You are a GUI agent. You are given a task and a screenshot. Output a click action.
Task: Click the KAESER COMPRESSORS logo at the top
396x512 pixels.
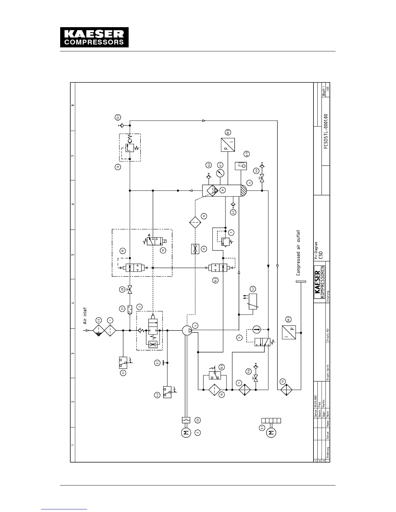(94, 37)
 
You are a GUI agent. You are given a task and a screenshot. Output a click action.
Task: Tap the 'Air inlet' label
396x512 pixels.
(85, 316)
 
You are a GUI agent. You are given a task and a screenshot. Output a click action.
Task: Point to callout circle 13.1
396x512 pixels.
(118, 117)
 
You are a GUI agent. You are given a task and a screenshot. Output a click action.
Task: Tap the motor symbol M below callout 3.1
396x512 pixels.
(271, 432)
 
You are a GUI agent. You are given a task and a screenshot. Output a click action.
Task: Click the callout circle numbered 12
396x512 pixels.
(118, 167)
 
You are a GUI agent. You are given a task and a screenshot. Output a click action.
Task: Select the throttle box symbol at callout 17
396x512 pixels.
(195, 249)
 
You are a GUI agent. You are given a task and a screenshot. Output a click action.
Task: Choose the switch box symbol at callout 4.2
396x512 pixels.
(167, 391)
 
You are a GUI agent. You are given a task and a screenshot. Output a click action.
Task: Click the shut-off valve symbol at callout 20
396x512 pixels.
(130, 290)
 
